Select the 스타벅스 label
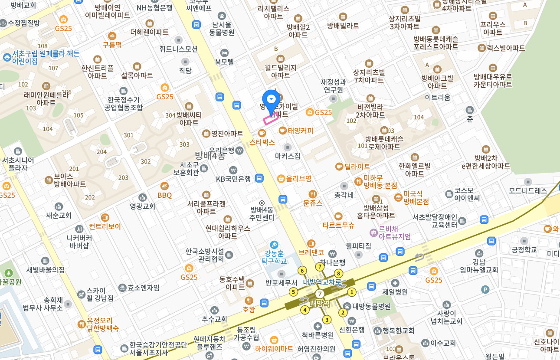262,141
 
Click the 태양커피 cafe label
300,131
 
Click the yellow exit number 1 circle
352,292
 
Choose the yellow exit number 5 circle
293,292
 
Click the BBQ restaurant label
164,195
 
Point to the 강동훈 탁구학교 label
274,257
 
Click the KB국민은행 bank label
233,178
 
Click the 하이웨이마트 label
274,348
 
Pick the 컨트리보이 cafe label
105,226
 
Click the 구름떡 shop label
112,44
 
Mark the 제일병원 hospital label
395,292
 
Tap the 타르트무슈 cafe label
338,225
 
